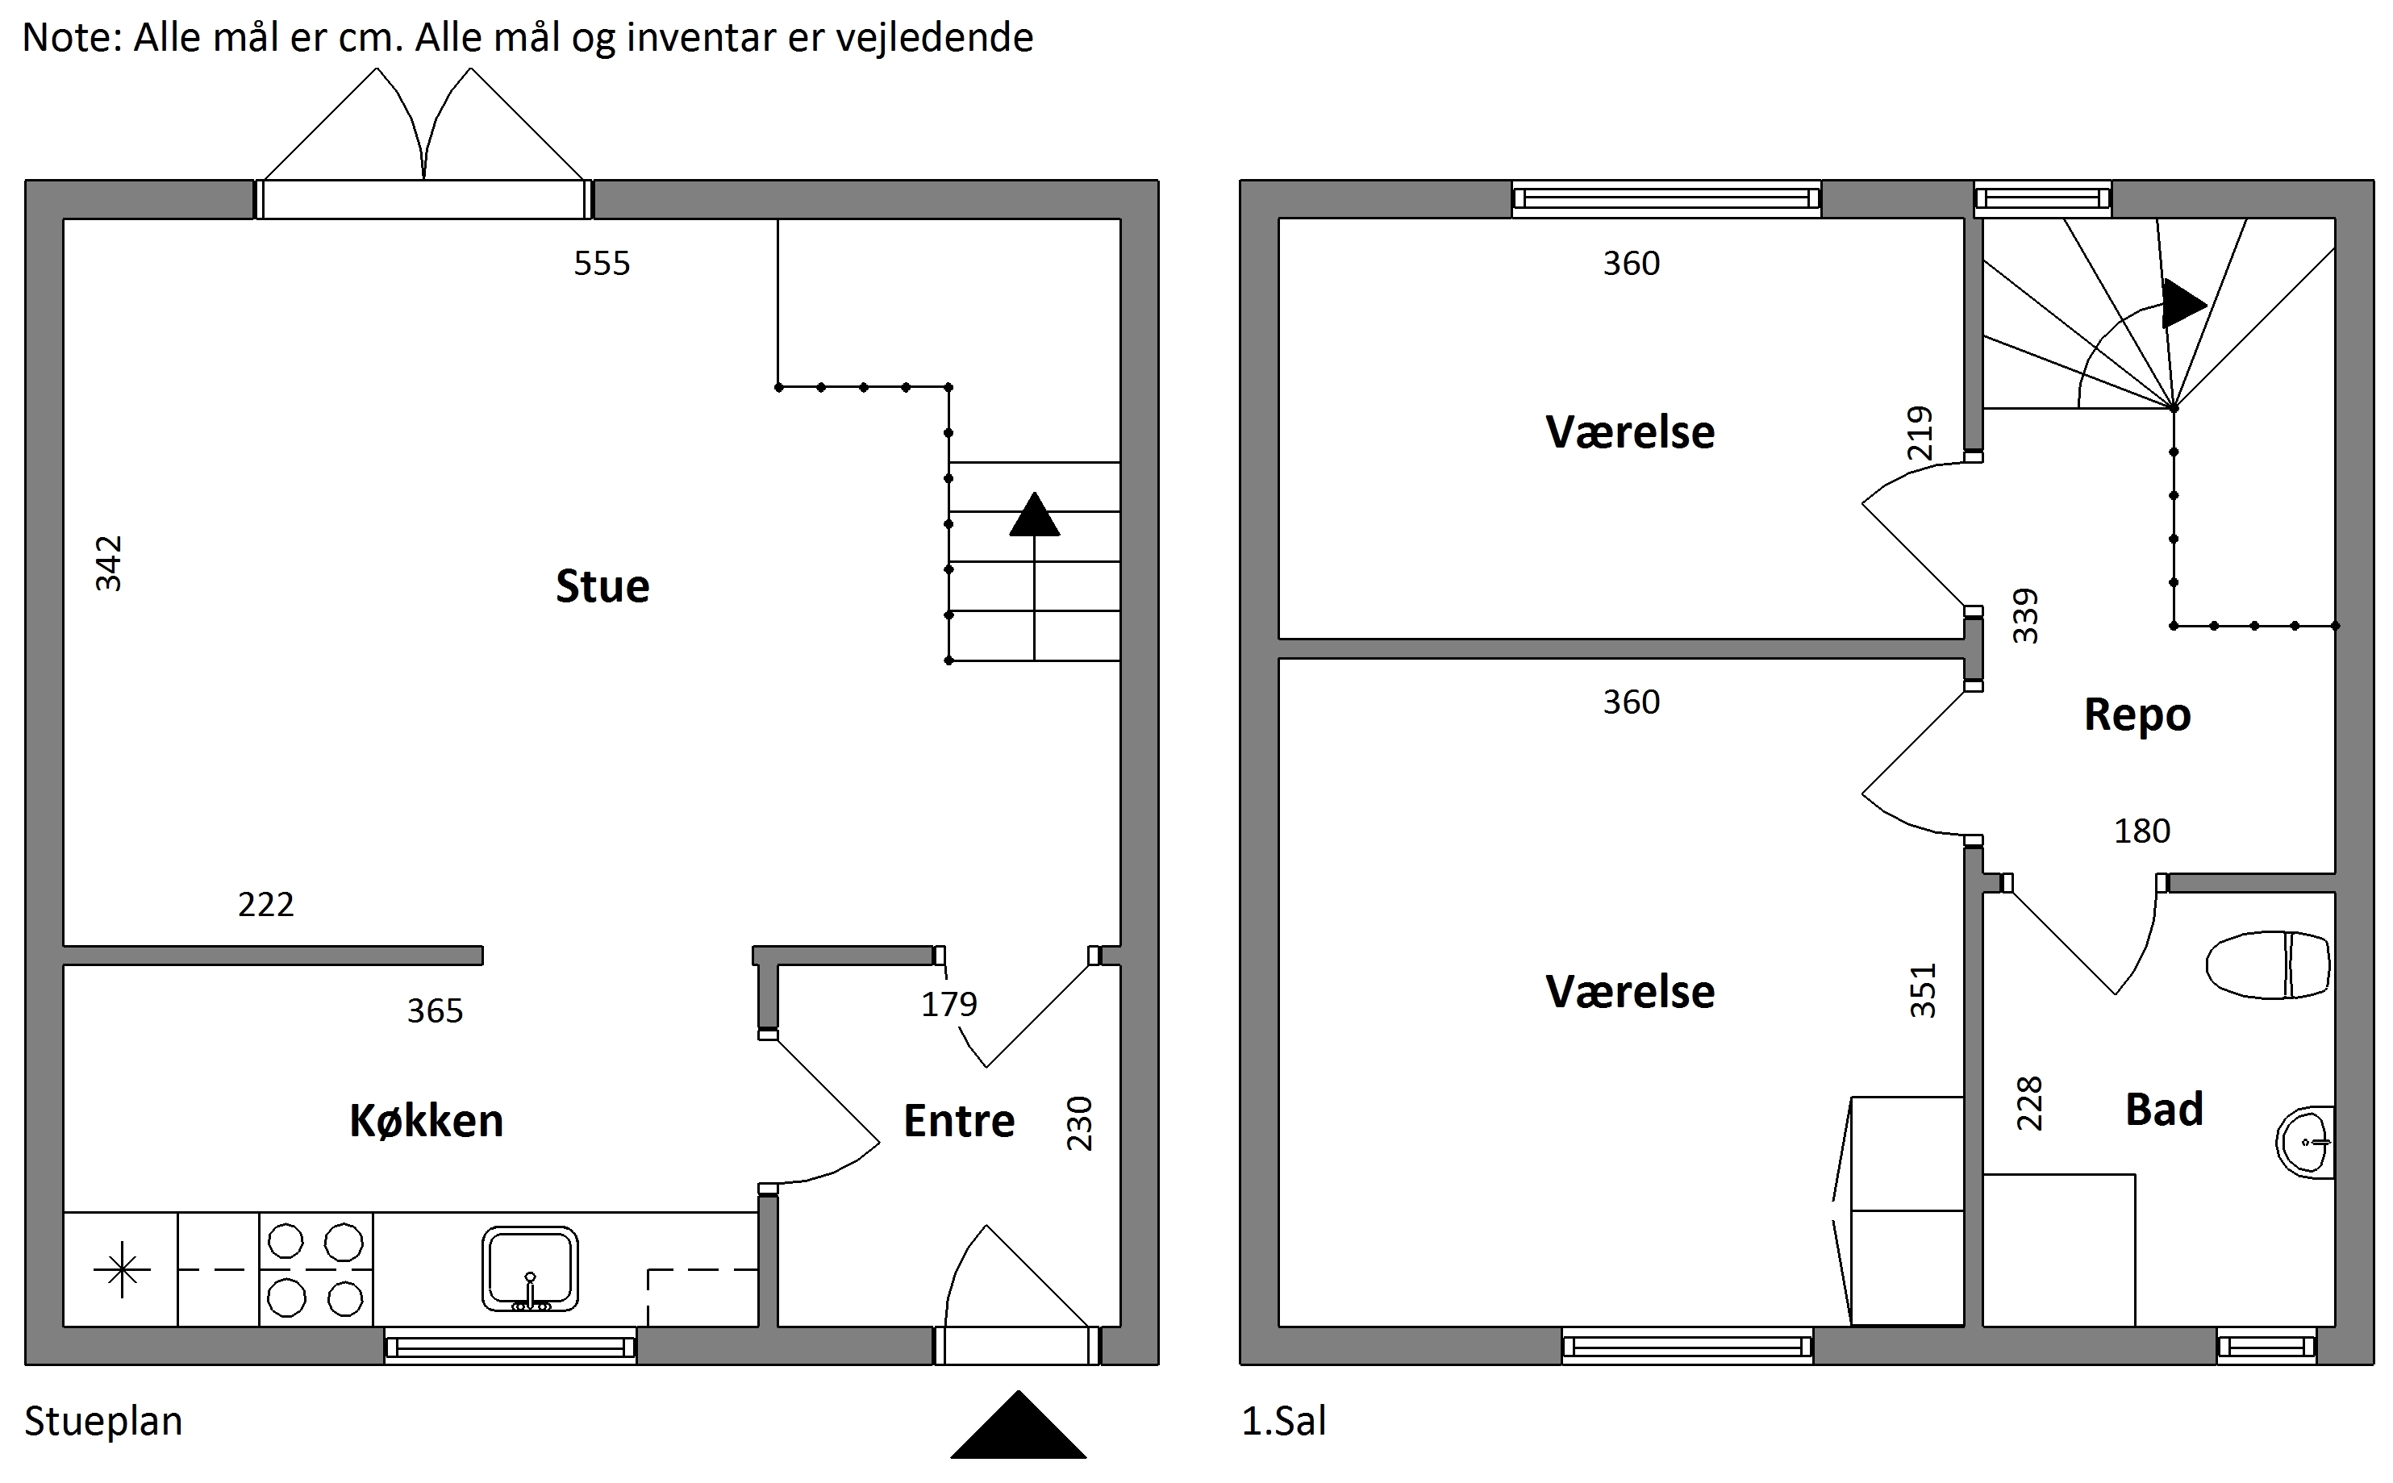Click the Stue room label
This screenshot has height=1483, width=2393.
(x=602, y=586)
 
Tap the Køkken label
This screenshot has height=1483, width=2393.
(x=427, y=1120)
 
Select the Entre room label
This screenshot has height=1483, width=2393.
(x=959, y=1121)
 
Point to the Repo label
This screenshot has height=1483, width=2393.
(x=2137, y=716)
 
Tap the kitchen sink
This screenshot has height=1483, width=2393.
(x=530, y=1268)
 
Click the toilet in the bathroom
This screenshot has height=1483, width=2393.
(x=2267, y=965)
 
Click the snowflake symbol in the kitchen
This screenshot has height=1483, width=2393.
(x=122, y=1270)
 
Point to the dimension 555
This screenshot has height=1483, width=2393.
(x=602, y=263)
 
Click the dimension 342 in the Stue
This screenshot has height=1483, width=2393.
(x=109, y=563)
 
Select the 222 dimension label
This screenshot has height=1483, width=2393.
(x=266, y=904)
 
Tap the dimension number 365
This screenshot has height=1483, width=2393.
(x=436, y=1010)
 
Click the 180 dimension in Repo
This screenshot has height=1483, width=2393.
(x=2142, y=831)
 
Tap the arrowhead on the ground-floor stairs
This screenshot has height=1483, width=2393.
(x=1035, y=515)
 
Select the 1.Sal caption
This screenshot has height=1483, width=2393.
(x=1284, y=1421)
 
